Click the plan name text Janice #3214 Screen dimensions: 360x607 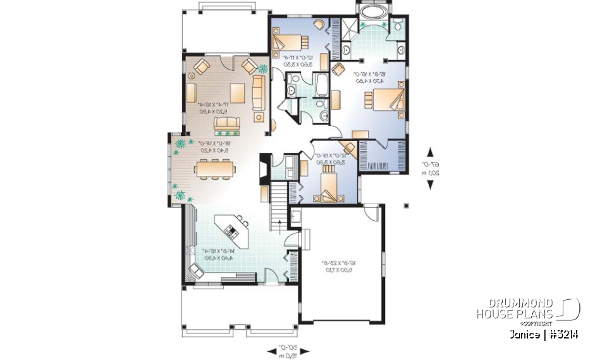pyautogui.click(x=541, y=334)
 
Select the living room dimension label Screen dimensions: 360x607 pyautogui.click(x=216, y=107)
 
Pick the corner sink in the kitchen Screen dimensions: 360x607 pyautogui.click(x=195, y=271)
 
